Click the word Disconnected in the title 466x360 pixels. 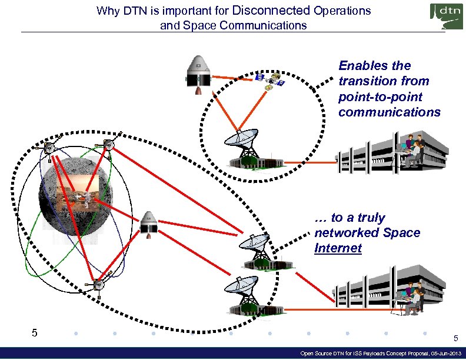point(272,11)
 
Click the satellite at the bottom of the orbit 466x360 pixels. point(98,284)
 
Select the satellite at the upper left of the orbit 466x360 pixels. point(50,147)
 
